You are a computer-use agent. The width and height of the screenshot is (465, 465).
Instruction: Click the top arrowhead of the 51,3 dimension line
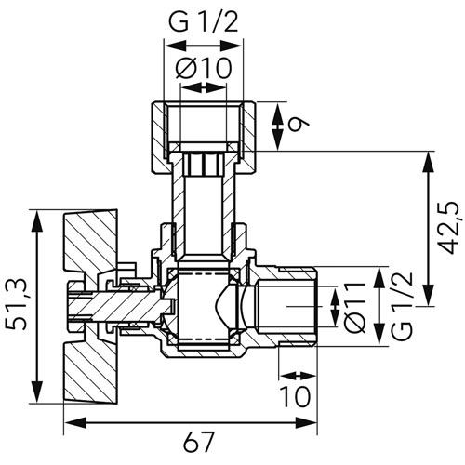(36, 216)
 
